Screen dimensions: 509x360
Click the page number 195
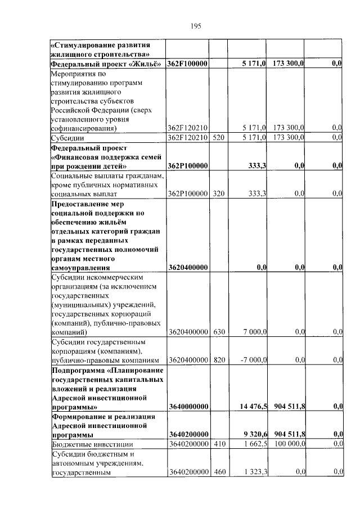click(x=196, y=26)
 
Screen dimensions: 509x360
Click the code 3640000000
click(x=188, y=406)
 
